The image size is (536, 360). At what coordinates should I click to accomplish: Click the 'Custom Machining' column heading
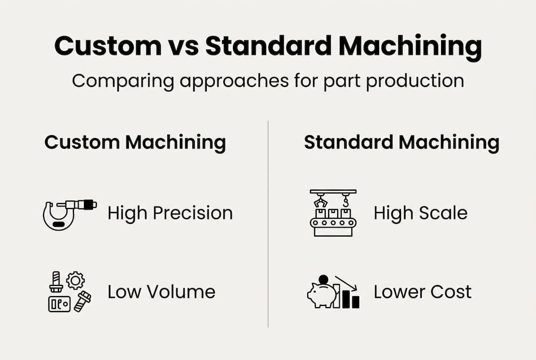[135, 142]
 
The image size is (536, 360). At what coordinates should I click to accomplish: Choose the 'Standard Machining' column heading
[402, 142]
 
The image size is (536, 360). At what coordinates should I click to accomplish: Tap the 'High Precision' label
[170, 213]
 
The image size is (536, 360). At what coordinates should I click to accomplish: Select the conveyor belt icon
[333, 213]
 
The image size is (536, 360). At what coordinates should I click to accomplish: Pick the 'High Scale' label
[421, 213]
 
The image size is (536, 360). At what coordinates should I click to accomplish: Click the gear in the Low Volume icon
[75, 280]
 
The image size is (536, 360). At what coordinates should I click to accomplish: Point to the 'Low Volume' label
[161, 292]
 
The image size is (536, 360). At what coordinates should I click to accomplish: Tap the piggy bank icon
[321, 295]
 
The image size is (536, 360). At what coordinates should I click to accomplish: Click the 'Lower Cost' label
[423, 292]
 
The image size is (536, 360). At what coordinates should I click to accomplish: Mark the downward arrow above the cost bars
[346, 283]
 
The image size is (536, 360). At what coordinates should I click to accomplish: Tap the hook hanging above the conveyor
[346, 201]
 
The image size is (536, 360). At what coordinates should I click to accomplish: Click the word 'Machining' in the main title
[410, 46]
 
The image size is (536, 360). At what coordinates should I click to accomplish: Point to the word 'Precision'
[193, 213]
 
